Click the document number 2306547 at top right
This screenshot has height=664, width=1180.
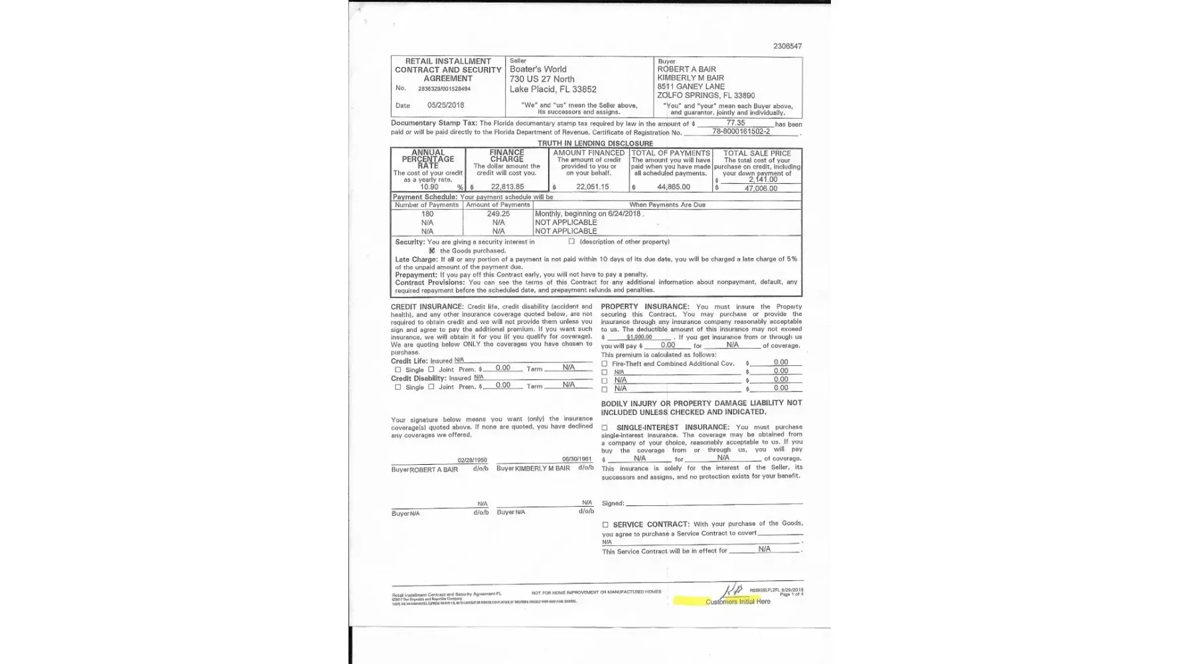[x=787, y=46]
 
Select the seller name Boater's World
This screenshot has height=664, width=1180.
[x=538, y=69]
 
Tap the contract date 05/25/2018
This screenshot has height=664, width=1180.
[x=445, y=105]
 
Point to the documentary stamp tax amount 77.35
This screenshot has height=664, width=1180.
[x=735, y=123]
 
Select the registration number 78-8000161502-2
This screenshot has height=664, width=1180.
[x=741, y=131]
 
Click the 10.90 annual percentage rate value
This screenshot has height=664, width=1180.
[x=429, y=187]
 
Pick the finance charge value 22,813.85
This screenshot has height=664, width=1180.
[x=507, y=187]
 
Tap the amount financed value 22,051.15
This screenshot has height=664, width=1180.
[x=592, y=187]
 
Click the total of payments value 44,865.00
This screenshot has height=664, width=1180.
[x=673, y=187]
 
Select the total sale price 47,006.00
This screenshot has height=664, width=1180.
[x=761, y=189]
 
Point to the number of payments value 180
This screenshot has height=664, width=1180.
[x=427, y=214]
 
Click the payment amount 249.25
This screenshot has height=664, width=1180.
[x=498, y=214]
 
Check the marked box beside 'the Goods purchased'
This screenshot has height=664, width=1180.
[x=432, y=251]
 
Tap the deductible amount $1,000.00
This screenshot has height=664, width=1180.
[x=639, y=337]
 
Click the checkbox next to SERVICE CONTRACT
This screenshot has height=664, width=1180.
[x=605, y=525]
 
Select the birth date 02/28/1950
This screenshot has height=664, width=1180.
[x=472, y=460]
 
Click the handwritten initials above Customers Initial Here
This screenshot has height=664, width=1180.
[x=733, y=590]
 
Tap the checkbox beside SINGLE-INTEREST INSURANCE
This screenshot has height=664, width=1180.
[x=605, y=428]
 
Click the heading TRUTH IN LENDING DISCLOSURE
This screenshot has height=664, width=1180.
[x=595, y=143]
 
